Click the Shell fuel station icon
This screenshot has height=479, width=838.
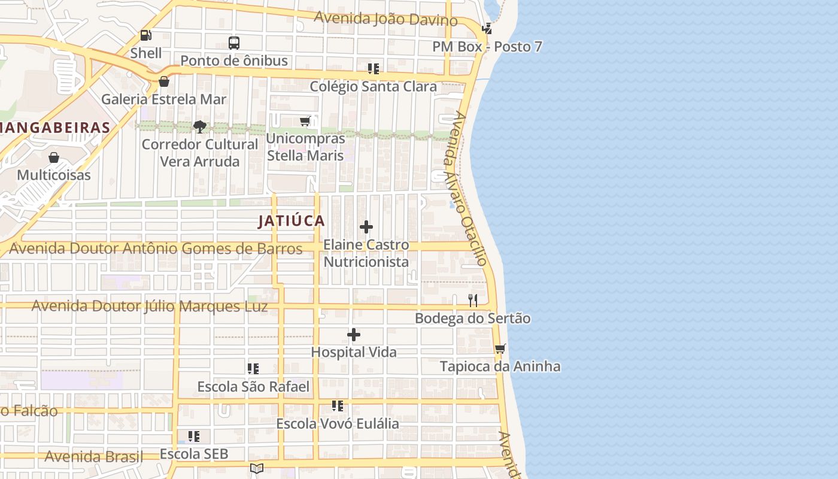click(x=145, y=35)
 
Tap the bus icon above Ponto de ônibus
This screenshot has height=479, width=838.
click(x=234, y=43)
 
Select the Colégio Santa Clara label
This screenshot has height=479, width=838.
click(x=373, y=86)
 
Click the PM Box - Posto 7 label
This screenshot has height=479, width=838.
click(x=488, y=47)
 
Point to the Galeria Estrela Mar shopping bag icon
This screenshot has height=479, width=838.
click(x=163, y=81)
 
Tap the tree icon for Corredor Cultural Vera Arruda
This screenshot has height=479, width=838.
click(x=200, y=126)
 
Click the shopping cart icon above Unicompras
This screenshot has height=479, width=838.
click(x=305, y=122)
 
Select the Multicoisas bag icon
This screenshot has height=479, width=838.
click(x=54, y=157)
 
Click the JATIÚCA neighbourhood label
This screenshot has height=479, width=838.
click(x=292, y=221)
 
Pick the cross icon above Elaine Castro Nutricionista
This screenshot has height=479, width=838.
click(x=366, y=227)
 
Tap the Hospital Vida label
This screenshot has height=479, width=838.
click(x=354, y=352)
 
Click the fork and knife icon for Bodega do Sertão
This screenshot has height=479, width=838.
click(x=473, y=300)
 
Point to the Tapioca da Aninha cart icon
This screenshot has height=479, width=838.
click(x=500, y=348)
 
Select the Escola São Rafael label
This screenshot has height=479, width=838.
click(x=253, y=387)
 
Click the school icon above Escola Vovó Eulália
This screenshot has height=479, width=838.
click(x=338, y=407)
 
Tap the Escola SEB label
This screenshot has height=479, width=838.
click(x=194, y=454)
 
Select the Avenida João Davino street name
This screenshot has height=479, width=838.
click(x=385, y=19)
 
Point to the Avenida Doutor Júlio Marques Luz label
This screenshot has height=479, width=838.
click(x=150, y=306)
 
